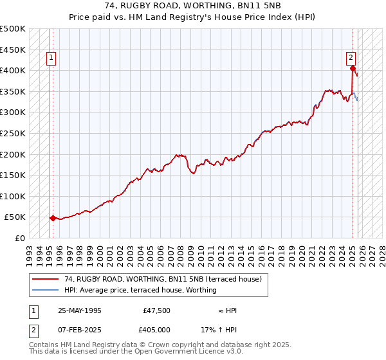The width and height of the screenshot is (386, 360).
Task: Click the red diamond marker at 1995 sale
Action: click(x=53, y=218)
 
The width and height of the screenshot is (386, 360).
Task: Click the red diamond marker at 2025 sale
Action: click(x=353, y=69)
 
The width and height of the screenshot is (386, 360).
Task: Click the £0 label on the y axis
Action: click(x=19, y=238)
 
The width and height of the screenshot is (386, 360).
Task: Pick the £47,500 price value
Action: click(x=156, y=310)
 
